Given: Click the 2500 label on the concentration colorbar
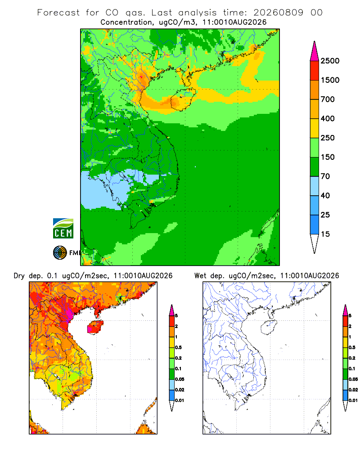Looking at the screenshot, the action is tap(330, 61).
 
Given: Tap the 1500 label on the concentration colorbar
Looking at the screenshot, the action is tap(330, 80).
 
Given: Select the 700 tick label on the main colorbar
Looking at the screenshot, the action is tap(328, 99).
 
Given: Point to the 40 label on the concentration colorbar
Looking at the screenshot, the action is tap(325, 195).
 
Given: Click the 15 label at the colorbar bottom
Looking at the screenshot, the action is tap(325, 234).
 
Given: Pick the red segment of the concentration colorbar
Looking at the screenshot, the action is tap(315, 70).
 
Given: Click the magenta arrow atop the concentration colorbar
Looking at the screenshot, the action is tap(315, 51).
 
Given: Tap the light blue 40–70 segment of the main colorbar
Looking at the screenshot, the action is tap(315, 186).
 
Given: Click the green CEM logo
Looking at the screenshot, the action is tap(63, 229).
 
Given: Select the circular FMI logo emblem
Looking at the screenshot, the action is tap(60, 253).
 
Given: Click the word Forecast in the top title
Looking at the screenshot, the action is tap(58, 13).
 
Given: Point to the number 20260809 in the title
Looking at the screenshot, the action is tap(278, 13).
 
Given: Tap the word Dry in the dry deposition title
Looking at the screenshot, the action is tap(19, 276).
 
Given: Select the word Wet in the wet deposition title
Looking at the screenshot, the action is tap(200, 275).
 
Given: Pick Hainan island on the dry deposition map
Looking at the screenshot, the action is tap(95, 327).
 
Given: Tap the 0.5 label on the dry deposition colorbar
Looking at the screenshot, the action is tap(178, 347).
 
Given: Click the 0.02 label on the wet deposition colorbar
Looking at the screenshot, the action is tap(353, 390).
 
